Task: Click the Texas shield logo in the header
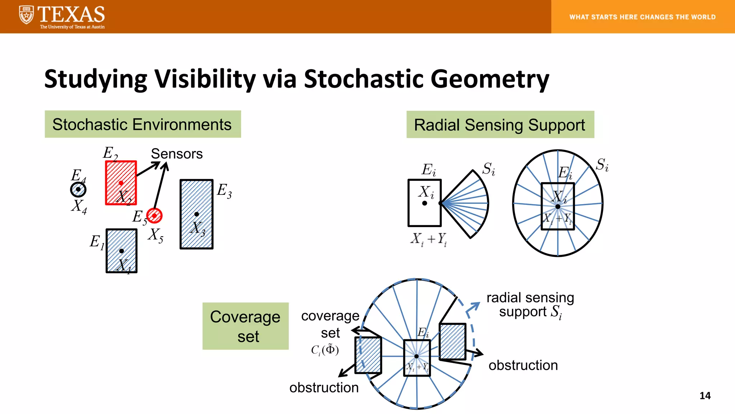click(x=26, y=15)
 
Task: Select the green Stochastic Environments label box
click(x=142, y=124)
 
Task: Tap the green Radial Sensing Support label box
click(x=500, y=125)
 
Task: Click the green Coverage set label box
click(x=245, y=326)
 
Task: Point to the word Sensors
click(x=177, y=154)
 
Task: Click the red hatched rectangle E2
click(x=121, y=183)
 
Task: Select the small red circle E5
click(x=154, y=216)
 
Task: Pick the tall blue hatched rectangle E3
click(x=196, y=214)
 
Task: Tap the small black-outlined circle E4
click(x=78, y=189)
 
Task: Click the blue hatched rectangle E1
click(x=121, y=251)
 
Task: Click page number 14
click(x=705, y=396)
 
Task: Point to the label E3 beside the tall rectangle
click(x=224, y=190)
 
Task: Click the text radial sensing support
click(x=530, y=304)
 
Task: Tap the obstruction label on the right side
click(x=523, y=365)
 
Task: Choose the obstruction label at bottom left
click(x=324, y=387)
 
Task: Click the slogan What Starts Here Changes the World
click(x=642, y=17)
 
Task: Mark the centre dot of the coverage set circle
click(x=416, y=356)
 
